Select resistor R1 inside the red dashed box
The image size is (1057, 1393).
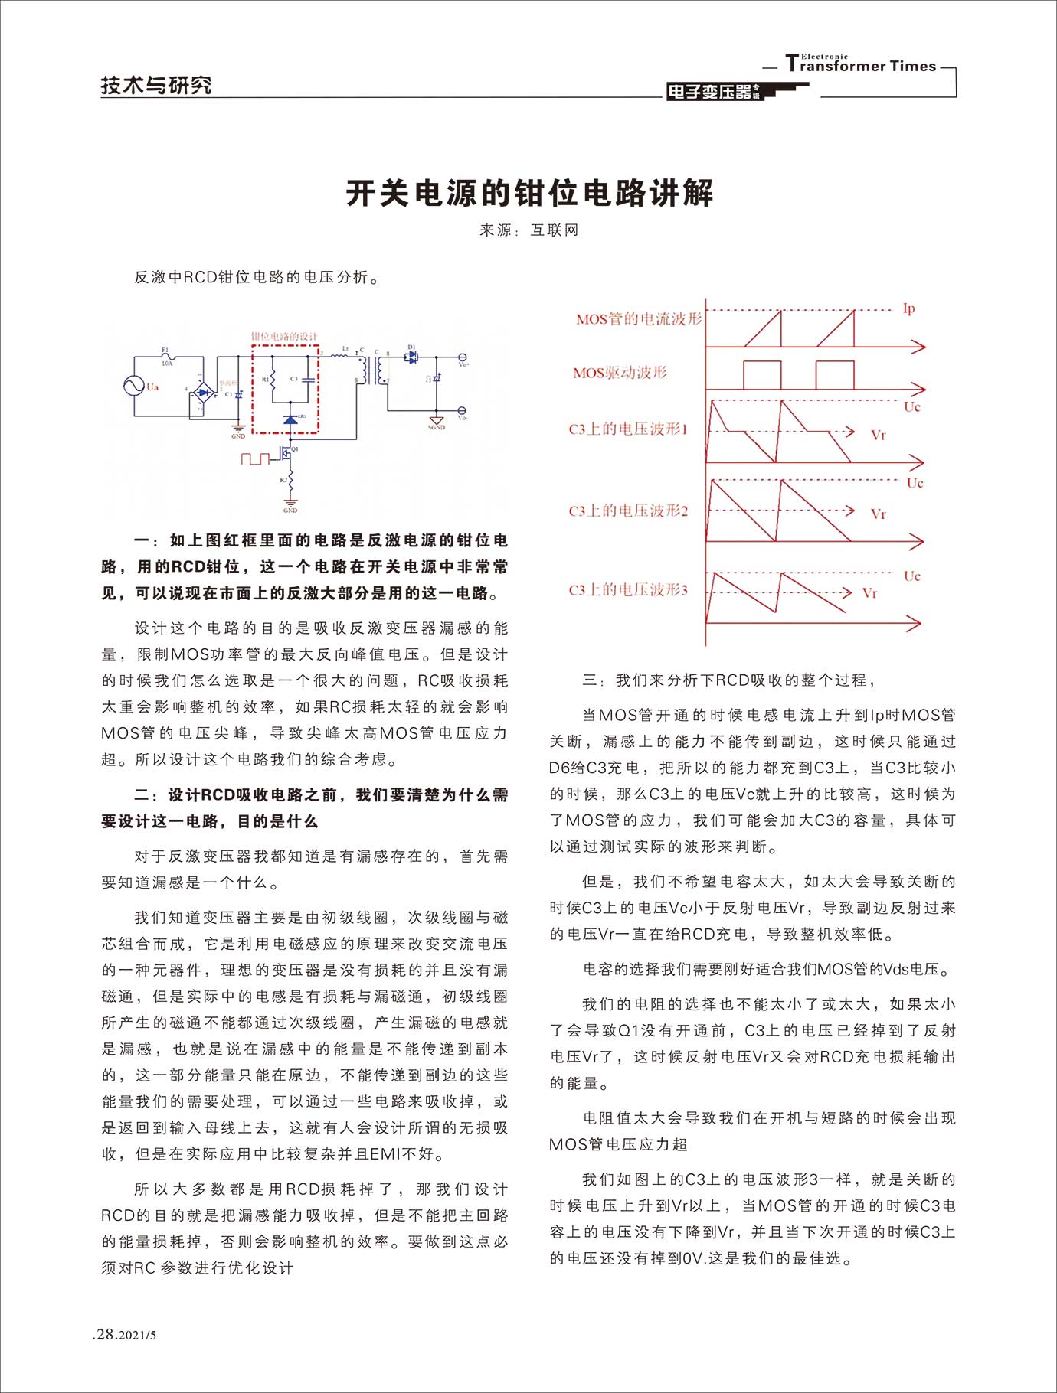pyautogui.click(x=273, y=380)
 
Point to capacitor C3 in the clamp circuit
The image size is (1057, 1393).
pyautogui.click(x=307, y=379)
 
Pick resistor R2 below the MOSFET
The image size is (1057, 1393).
pyautogui.click(x=290, y=481)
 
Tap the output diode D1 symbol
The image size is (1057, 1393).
pyautogui.click(x=412, y=356)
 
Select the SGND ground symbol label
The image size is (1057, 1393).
pyautogui.click(x=437, y=427)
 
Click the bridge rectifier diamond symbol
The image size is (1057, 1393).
pyautogui.click(x=202, y=393)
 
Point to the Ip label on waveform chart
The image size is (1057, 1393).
pyautogui.click(x=908, y=308)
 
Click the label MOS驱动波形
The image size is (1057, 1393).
pyautogui.click(x=620, y=373)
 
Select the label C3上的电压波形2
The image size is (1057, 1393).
pyautogui.click(x=628, y=511)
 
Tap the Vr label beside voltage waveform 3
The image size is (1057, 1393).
pyautogui.click(x=869, y=593)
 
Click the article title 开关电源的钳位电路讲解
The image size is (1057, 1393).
pyautogui.click(x=529, y=193)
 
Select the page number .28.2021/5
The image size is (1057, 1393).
pyautogui.click(x=124, y=1336)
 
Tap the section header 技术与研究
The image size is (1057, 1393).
pyautogui.click(x=156, y=85)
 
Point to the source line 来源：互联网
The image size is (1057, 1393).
pyautogui.click(x=529, y=230)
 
